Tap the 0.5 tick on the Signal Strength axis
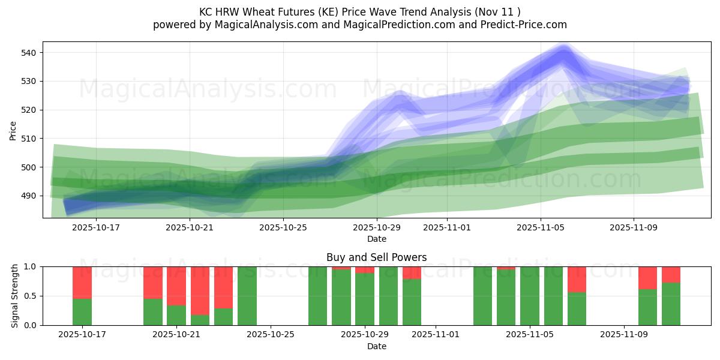pos(30,296)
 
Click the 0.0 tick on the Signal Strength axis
pos(30,325)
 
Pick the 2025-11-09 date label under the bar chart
pos(624,335)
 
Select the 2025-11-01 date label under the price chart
pos(447,228)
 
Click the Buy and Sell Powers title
pos(376,257)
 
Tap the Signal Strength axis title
pos(15,296)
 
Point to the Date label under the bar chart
pos(376,346)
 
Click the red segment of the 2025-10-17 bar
pos(82,282)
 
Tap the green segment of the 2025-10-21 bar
pos(176,315)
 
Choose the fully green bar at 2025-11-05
pos(530,296)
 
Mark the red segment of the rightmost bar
pos(671,274)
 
